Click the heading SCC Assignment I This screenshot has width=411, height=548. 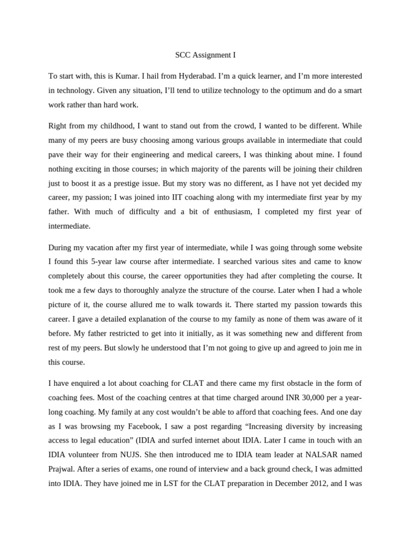tap(205, 55)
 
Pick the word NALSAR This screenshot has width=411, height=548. tap(318, 454)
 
